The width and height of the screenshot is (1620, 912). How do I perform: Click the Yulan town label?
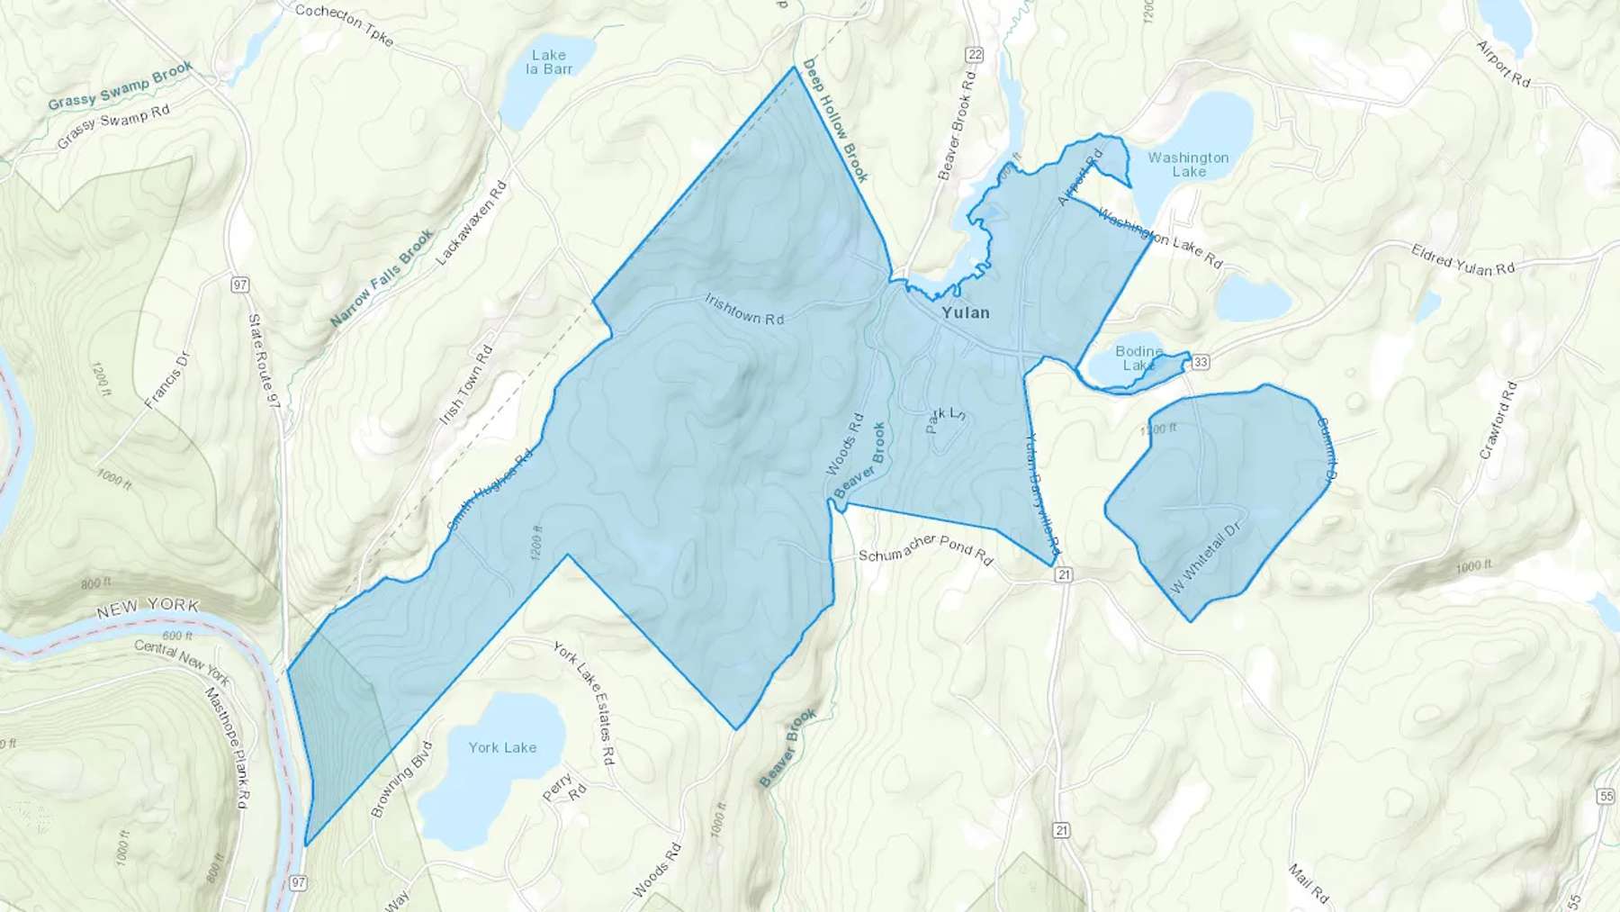click(965, 312)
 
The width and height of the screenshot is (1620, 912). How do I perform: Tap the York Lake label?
click(502, 747)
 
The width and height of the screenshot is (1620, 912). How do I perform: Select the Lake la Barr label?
click(548, 62)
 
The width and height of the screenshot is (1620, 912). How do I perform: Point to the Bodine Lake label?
click(1138, 358)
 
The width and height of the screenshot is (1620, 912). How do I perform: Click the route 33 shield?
click(1200, 362)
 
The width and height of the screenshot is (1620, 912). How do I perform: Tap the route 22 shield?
click(974, 55)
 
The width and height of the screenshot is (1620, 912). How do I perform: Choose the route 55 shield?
click(1606, 796)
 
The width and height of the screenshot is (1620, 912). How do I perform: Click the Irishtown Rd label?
click(744, 308)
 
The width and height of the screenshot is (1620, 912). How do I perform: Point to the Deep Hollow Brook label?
click(836, 121)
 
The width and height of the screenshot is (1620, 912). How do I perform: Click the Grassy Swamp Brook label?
click(120, 86)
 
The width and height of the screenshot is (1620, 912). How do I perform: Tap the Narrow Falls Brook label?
click(382, 277)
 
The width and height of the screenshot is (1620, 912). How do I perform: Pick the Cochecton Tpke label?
click(344, 24)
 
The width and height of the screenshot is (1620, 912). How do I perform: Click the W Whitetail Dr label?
click(1206, 557)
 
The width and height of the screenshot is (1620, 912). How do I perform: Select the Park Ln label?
click(945, 419)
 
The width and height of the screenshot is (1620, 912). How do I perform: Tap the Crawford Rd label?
click(1498, 420)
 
